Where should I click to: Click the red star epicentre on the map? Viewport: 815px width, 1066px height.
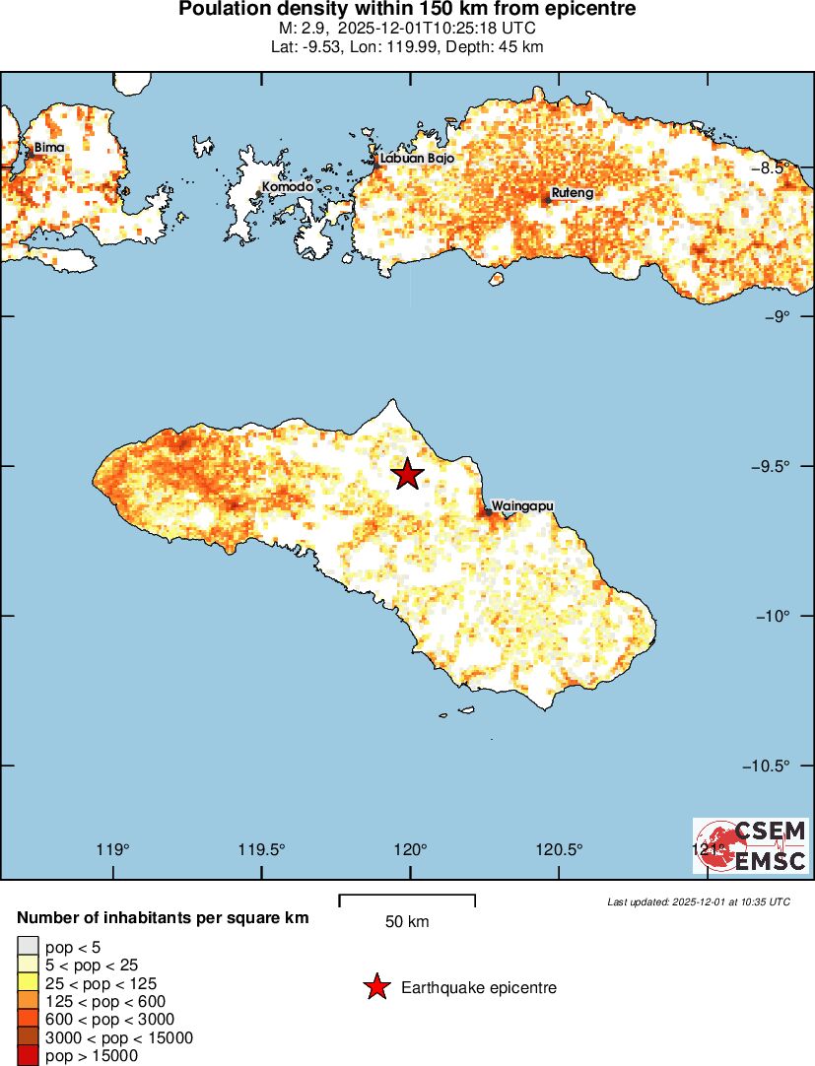coord(407,474)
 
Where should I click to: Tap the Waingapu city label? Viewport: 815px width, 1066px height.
coord(522,505)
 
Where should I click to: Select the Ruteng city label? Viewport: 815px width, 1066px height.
coord(572,193)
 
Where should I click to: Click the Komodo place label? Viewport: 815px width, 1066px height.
coord(287,186)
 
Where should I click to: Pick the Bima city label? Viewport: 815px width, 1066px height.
coord(49,148)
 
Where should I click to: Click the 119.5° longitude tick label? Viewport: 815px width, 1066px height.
coord(263,850)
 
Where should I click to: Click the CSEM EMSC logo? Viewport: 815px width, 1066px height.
coord(751,845)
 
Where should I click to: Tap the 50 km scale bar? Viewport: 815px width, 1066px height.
coord(407,900)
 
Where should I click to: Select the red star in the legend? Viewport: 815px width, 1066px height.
coord(375,987)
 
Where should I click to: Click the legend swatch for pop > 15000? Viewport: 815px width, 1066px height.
coord(28,1056)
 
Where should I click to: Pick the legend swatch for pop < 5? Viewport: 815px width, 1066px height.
coord(28,948)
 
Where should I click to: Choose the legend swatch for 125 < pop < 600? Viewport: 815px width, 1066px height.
coord(28,1002)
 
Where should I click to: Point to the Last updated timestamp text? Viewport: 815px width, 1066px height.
coord(698,901)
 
